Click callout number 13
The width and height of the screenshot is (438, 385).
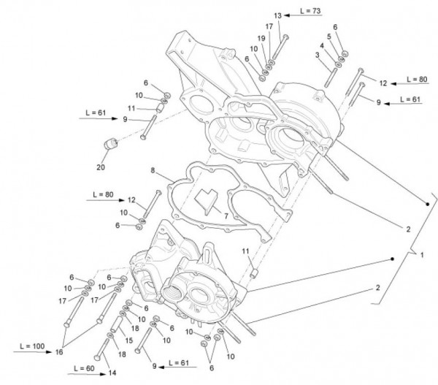[277, 15]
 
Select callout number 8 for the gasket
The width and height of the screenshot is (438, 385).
[152, 170]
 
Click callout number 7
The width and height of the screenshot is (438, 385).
[225, 216]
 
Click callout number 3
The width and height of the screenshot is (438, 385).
[318, 54]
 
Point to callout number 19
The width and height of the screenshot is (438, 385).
[261, 37]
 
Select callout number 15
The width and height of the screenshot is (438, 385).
[129, 339]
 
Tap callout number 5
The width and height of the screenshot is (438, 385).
[330, 36]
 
